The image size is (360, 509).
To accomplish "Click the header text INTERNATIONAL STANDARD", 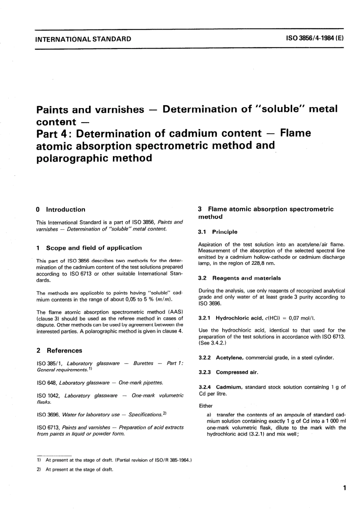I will pos(83,39).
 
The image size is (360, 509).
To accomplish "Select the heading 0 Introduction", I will pos(61,209).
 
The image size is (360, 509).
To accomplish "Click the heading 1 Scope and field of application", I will pos(89,248).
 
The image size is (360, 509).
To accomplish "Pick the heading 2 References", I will pos(59,350).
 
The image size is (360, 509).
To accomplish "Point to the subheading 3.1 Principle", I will pos(218,232).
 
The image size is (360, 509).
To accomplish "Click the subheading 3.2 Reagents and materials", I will pos(239,278).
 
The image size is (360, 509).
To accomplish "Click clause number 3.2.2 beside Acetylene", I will pos(205,358).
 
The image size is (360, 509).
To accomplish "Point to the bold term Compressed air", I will pos(237,372).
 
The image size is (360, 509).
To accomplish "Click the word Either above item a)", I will pos(206,405).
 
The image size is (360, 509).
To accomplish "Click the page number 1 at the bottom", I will pos(344,488).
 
